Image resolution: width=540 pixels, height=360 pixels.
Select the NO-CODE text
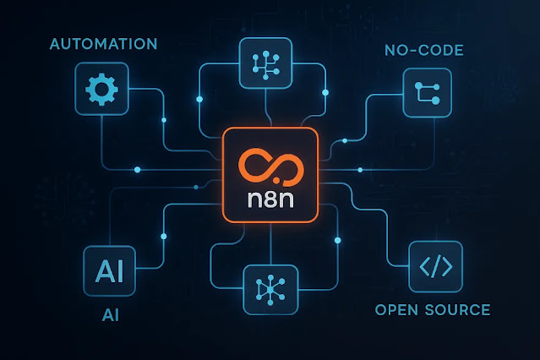point(423,51)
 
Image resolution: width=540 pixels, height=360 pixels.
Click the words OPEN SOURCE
point(432,309)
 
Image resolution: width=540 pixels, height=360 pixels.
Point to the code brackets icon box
point(435,267)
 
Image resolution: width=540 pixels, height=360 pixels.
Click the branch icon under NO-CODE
point(428,91)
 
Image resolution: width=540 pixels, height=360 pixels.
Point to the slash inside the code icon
point(435,267)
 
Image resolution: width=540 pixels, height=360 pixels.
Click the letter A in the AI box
point(102,270)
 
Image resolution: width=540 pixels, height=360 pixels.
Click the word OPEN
point(395,309)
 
